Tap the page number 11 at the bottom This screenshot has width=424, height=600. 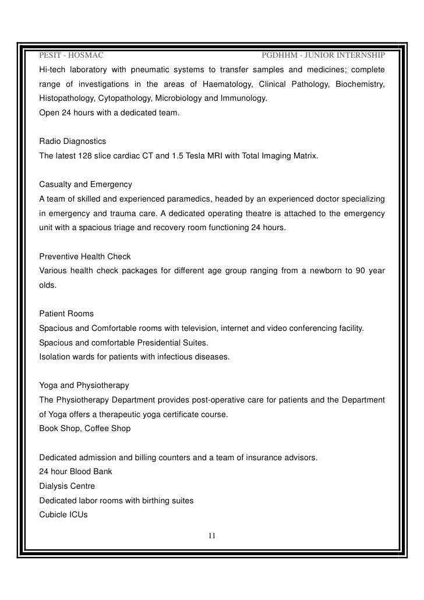(x=212, y=536)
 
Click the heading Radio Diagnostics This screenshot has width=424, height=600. (x=72, y=142)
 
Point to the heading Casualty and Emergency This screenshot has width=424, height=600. (x=86, y=185)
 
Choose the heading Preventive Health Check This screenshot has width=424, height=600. (x=84, y=256)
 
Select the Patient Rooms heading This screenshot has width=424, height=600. (x=66, y=314)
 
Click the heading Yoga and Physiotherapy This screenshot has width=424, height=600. (x=84, y=386)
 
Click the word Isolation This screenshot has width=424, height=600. (x=55, y=357)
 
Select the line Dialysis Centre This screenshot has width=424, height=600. (x=67, y=486)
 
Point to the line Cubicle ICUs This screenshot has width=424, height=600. (x=63, y=514)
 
